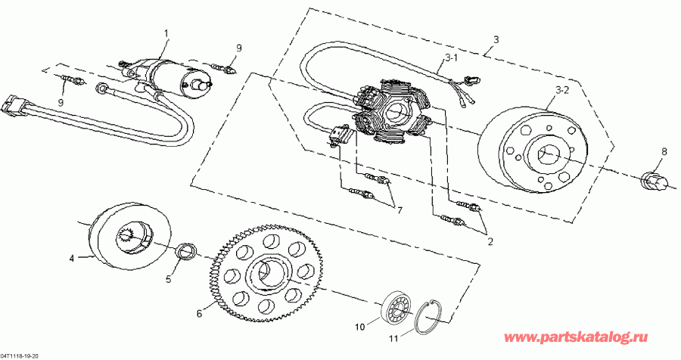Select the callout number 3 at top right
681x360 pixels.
tap(496, 39)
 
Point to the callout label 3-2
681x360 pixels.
tap(562, 90)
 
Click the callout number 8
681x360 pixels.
tap(664, 152)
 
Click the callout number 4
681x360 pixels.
tap(72, 258)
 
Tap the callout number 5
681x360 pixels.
tap(169, 279)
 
